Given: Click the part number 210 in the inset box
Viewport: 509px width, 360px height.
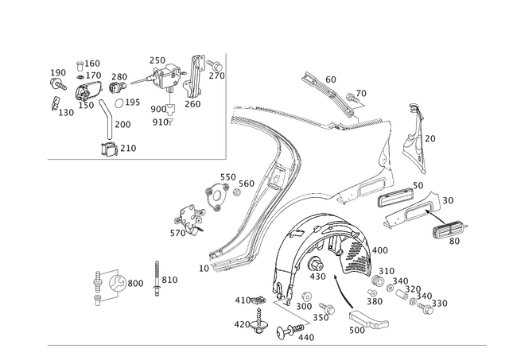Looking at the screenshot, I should (129, 148).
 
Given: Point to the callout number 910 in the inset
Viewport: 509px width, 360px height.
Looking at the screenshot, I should (161, 122).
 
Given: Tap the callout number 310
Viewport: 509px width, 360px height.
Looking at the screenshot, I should (173, 280).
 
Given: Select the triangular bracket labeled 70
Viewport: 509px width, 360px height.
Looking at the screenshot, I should (413, 135).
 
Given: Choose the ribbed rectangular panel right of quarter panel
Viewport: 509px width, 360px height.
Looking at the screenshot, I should (395, 196).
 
